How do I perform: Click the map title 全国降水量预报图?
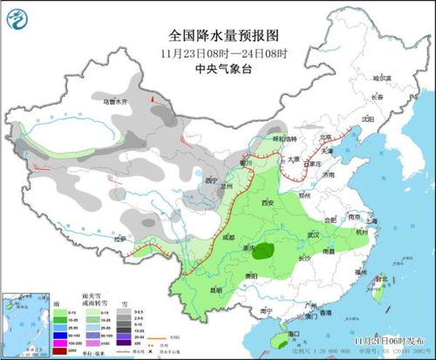[224, 36]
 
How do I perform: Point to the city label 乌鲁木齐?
[115, 102]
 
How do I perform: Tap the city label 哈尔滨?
[384, 78]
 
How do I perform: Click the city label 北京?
[325, 137]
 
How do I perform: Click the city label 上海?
[373, 221]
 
